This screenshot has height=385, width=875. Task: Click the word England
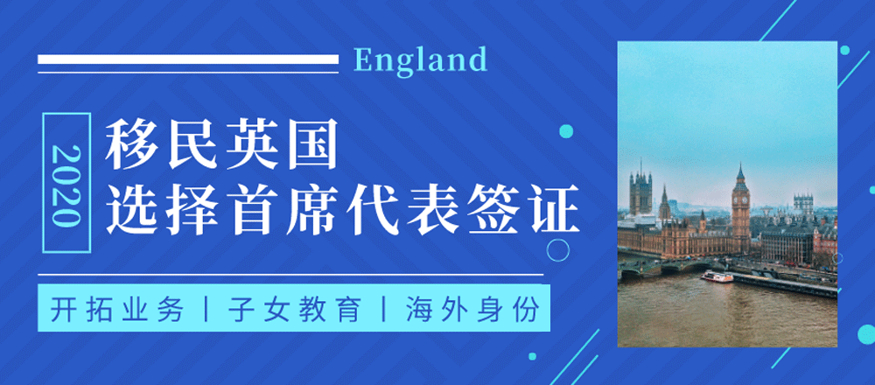pyautogui.click(x=421, y=60)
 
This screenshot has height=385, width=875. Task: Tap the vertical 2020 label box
pyautogui.click(x=66, y=183)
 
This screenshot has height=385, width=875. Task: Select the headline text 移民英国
pyautogui.click(x=222, y=147)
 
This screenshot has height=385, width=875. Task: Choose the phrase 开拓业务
pyautogui.click(x=118, y=311)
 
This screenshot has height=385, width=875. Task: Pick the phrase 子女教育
pyautogui.click(x=295, y=311)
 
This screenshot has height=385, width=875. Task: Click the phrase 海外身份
pyautogui.click(x=472, y=311)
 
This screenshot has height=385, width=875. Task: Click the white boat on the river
pyautogui.click(x=717, y=276)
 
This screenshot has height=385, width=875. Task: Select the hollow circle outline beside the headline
pyautogui.click(x=558, y=249)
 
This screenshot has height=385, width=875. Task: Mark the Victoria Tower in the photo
pyautogui.click(x=640, y=193)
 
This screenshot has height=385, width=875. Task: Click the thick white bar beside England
pyautogui.click(x=188, y=59)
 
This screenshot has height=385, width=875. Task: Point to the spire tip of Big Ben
pyautogui.click(x=740, y=164)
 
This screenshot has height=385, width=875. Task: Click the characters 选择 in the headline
pyautogui.click(x=164, y=212)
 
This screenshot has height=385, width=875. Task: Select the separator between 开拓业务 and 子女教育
pyautogui.click(x=206, y=311)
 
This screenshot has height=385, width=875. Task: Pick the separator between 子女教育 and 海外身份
pyautogui.click(x=384, y=311)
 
